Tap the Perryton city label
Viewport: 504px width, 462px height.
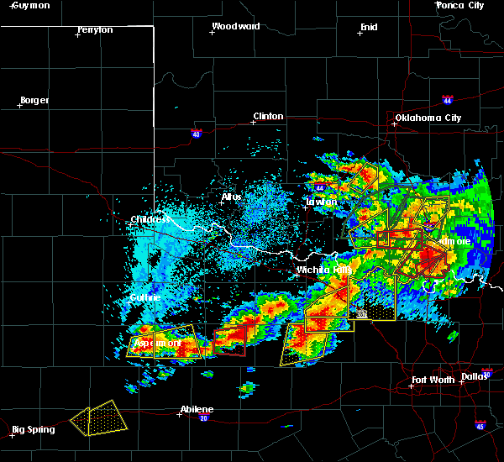click(93, 29)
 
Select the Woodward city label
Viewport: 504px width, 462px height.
click(235, 26)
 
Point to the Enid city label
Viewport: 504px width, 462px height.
click(368, 27)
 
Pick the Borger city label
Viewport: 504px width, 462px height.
click(34, 100)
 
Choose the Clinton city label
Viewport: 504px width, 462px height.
click(268, 116)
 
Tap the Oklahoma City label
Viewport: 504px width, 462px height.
click(428, 118)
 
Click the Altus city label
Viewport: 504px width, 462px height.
click(231, 197)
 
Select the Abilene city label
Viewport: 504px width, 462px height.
click(197, 409)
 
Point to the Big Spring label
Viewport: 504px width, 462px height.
click(34, 429)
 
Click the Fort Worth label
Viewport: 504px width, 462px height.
click(434, 380)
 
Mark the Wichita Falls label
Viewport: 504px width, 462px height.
click(323, 270)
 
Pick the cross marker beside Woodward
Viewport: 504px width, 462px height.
click(212, 33)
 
